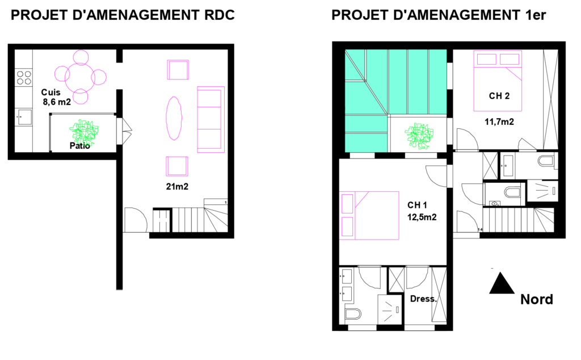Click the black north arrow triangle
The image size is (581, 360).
tap(502, 284)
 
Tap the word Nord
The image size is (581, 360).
tap(537, 299)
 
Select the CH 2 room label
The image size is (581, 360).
tap(499, 96)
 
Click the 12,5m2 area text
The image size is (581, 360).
tap(422, 217)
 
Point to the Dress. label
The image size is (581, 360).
tap(423, 299)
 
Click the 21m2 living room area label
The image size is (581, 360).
tap(177, 186)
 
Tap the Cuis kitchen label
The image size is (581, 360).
tap(50, 92)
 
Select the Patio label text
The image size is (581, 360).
tap(79, 146)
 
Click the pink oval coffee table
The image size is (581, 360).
tap(174, 118)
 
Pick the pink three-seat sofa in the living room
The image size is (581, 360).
tap(211, 119)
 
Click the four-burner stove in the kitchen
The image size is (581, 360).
tap(24, 78)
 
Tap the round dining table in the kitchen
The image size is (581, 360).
tap(80, 77)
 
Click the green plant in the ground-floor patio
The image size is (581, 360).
tap(84, 131)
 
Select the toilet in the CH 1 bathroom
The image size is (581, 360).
tap(352, 313)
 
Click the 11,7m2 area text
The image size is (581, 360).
tap(499, 122)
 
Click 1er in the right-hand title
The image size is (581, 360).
tap(536, 15)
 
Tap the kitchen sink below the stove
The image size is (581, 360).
tap(23, 117)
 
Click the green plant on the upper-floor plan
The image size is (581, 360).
tap(419, 136)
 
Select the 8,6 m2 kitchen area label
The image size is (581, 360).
tap(57, 102)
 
